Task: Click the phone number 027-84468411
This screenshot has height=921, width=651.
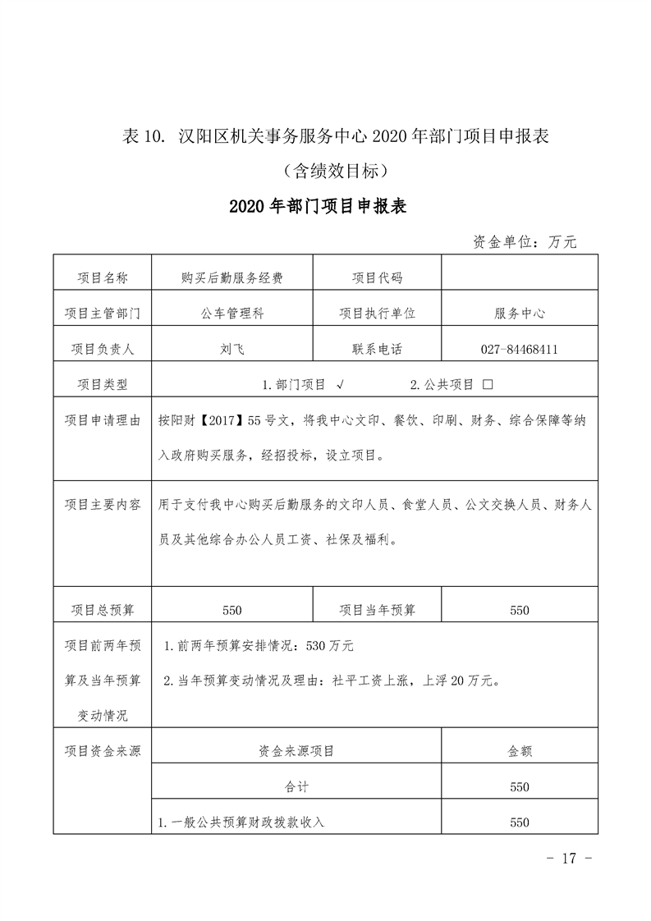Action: click(x=519, y=349)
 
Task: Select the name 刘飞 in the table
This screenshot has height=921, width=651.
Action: click(x=232, y=349)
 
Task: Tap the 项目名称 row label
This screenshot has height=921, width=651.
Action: click(x=103, y=278)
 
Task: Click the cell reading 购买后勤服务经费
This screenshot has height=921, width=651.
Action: click(x=232, y=278)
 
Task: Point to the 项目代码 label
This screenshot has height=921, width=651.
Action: click(x=377, y=278)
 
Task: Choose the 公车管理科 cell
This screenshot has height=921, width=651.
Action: click(x=232, y=314)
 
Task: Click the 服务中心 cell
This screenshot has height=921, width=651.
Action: click(x=519, y=314)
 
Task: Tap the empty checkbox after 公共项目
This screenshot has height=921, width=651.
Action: click(x=488, y=384)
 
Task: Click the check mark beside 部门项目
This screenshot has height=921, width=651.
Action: click(x=340, y=384)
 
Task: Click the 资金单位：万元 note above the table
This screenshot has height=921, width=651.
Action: click(x=525, y=242)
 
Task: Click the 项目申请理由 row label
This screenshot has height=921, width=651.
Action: click(x=103, y=419)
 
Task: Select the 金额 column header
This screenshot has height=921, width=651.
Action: click(x=519, y=750)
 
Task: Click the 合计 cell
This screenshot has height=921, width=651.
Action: click(x=296, y=786)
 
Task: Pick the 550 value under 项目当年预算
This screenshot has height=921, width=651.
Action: click(x=519, y=610)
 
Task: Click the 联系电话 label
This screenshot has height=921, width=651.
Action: click(x=377, y=349)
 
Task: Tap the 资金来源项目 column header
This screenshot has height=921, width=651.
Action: click(x=296, y=750)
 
